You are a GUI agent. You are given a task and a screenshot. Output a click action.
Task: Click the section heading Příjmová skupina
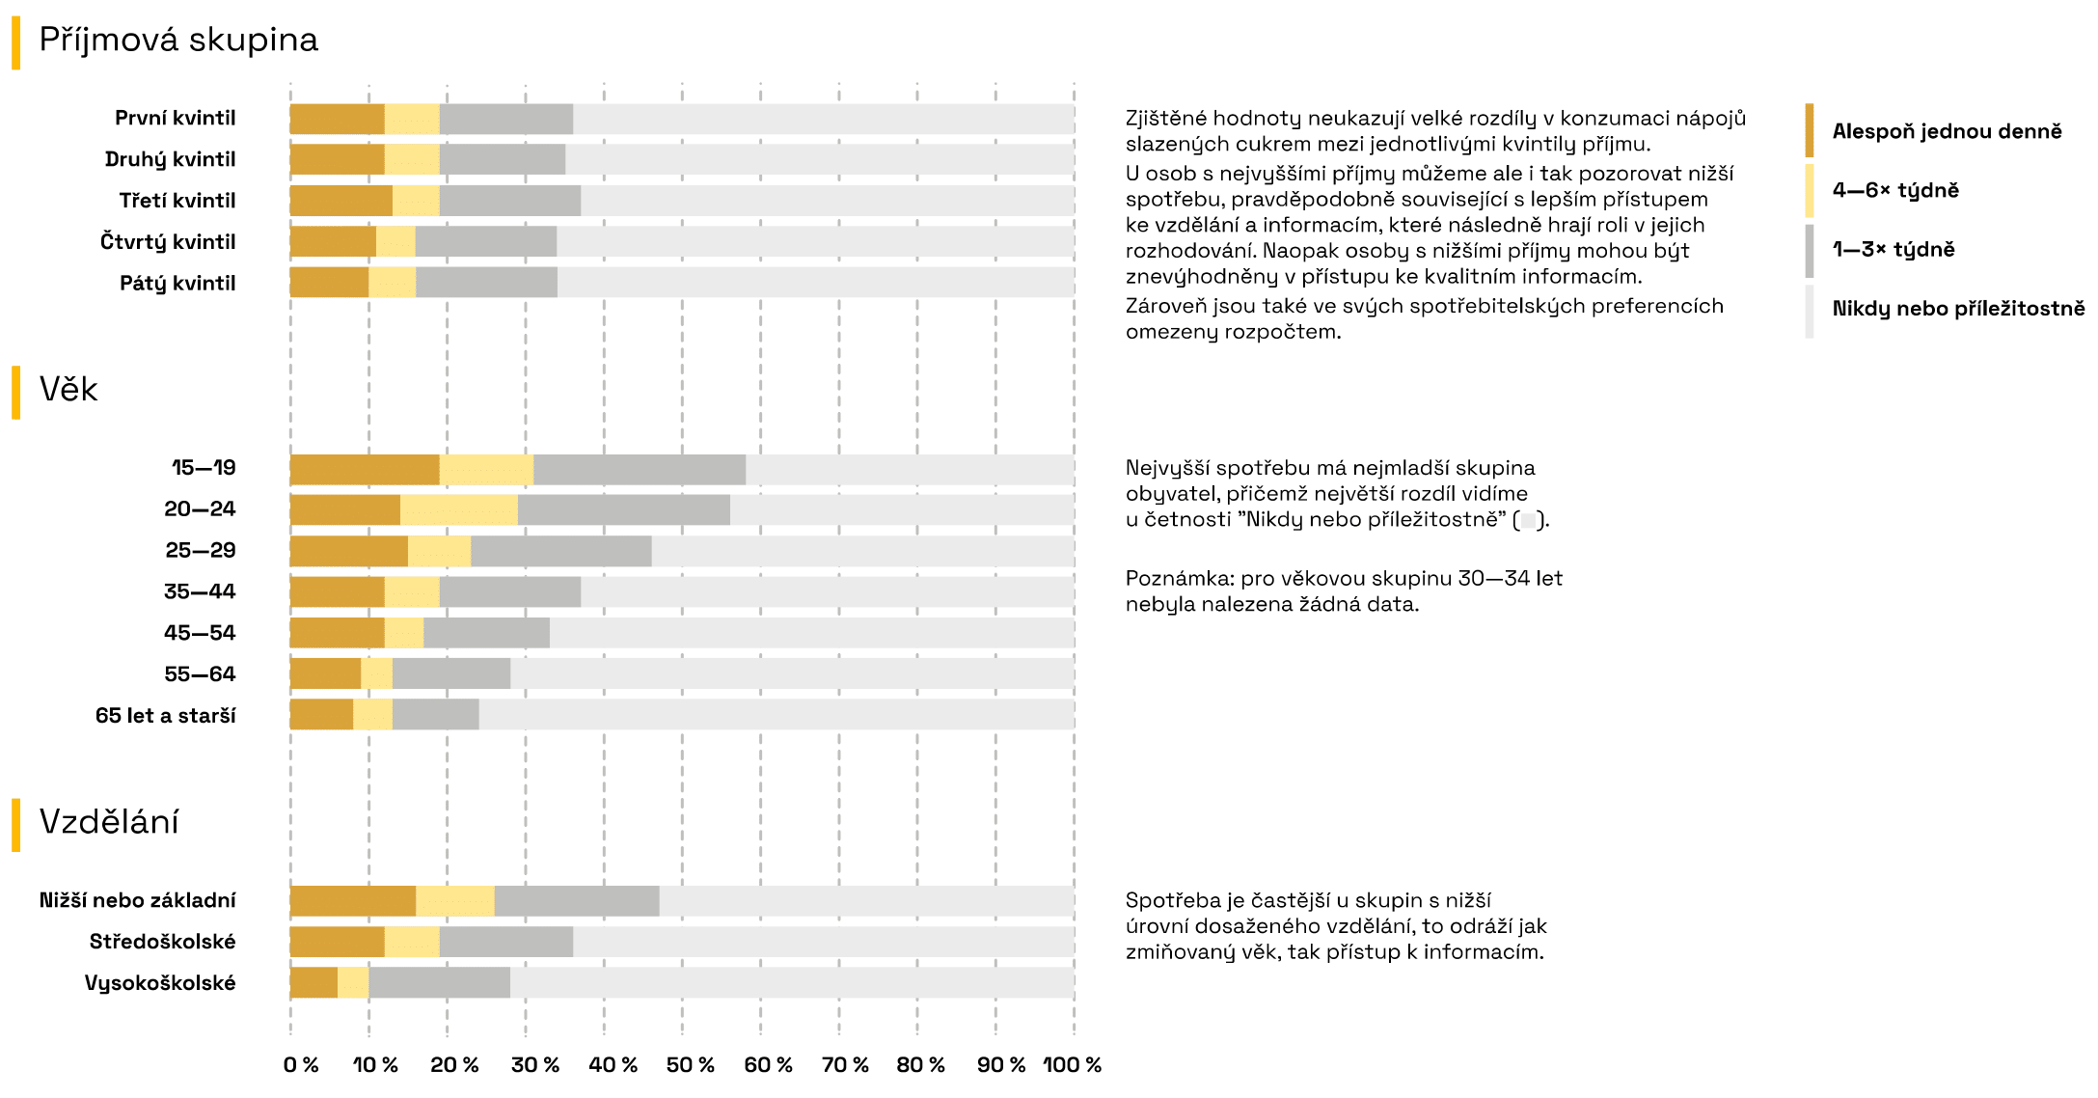[x=178, y=41]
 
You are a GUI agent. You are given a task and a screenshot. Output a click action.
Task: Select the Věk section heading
[x=68, y=390]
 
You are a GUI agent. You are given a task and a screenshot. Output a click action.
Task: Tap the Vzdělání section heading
[x=109, y=822]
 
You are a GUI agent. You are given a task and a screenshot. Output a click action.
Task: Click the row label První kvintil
[x=175, y=118]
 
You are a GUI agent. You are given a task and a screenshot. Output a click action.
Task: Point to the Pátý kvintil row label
[x=177, y=284]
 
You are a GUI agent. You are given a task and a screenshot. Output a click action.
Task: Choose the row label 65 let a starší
[x=165, y=716]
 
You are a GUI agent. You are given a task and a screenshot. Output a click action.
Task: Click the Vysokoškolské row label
[x=160, y=983]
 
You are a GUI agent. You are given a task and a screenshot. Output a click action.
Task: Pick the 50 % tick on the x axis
[x=690, y=1065]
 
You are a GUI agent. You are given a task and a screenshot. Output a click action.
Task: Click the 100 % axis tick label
[x=1072, y=1065]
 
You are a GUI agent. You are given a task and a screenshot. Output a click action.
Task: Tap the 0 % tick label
[x=300, y=1065]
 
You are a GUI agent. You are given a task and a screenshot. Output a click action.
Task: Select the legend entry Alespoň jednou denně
[x=1947, y=131]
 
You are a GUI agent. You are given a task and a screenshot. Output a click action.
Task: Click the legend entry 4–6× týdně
[x=1895, y=190]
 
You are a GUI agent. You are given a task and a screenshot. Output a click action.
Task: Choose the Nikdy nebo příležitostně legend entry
[x=1958, y=309]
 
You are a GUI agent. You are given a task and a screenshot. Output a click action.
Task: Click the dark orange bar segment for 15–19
[x=365, y=470]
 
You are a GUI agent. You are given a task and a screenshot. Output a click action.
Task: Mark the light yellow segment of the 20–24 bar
[x=458, y=510]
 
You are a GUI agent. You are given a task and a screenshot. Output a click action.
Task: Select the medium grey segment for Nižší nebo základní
[x=577, y=901]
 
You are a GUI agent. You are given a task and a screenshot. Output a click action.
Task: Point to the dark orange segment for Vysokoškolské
[x=313, y=983]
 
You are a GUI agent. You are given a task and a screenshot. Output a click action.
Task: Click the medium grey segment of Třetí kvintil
[x=510, y=201]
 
